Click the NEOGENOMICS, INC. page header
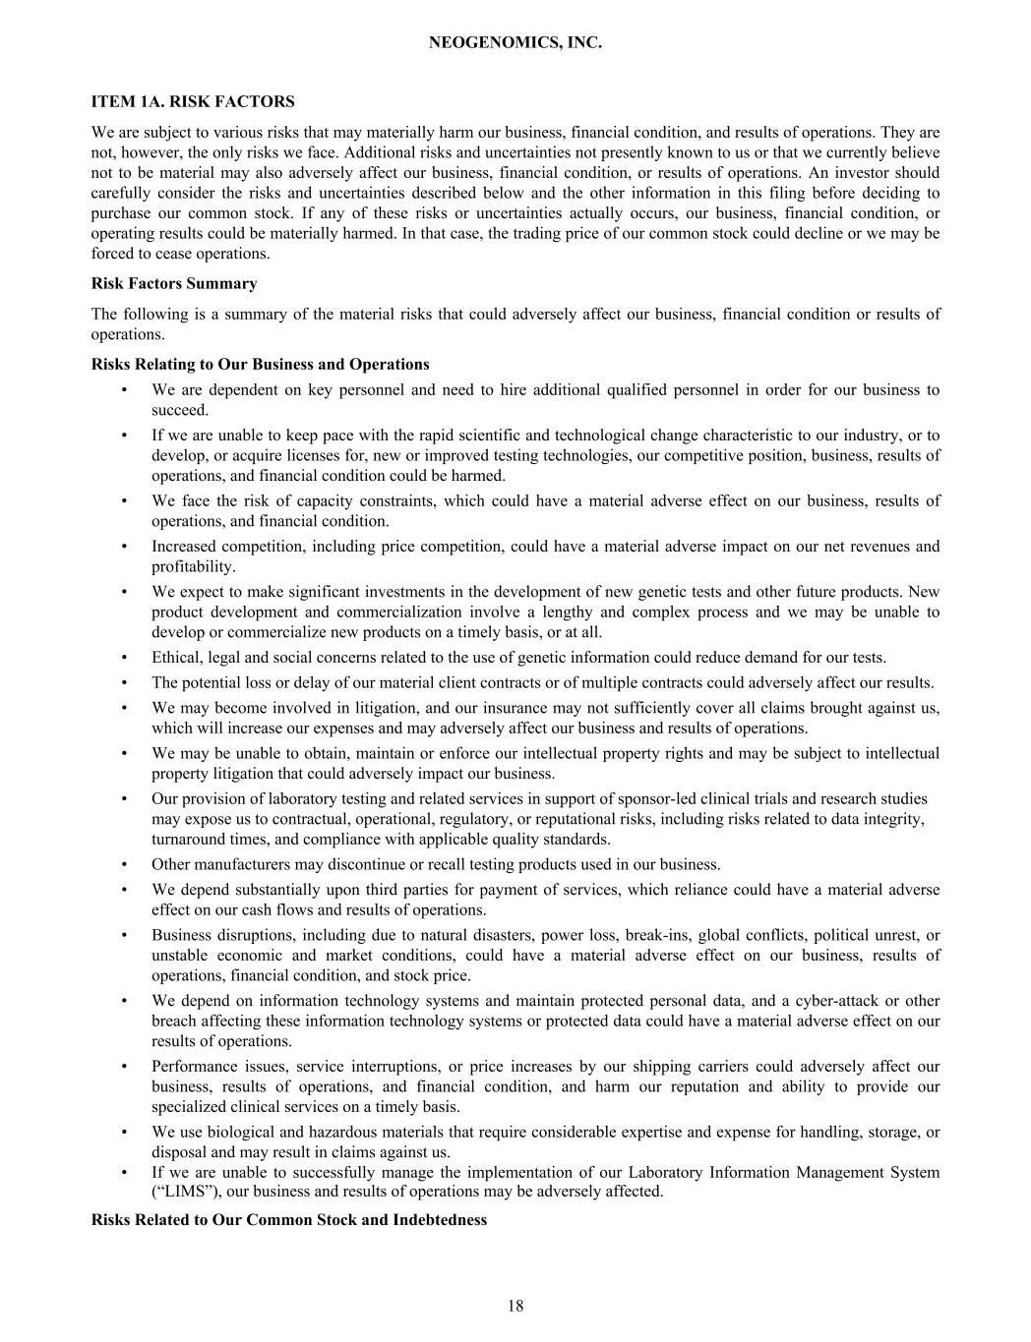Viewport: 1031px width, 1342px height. (515, 43)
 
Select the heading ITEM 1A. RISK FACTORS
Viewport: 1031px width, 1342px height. (193, 101)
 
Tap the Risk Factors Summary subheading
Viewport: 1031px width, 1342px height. (174, 283)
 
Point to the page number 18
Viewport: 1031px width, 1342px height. (515, 1306)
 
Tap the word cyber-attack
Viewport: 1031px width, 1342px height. (852, 1001)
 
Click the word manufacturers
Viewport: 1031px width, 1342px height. (244, 864)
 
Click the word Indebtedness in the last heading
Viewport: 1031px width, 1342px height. (439, 1219)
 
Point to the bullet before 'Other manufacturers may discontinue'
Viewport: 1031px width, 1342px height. (125, 864)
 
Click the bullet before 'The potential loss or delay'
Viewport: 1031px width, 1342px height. (125, 682)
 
